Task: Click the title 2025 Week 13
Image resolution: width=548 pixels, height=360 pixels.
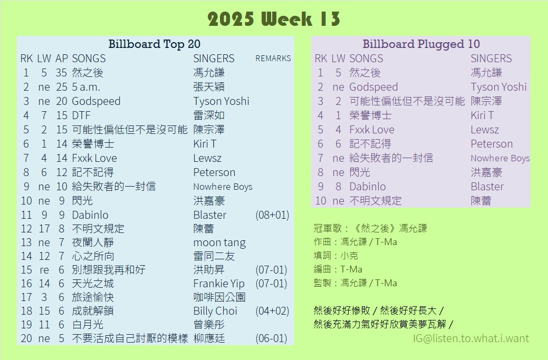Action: click(274, 19)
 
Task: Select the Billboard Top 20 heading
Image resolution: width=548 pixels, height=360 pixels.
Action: click(154, 44)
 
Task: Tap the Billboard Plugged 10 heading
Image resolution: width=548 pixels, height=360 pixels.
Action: click(421, 44)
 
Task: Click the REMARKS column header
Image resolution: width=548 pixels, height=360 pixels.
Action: click(273, 59)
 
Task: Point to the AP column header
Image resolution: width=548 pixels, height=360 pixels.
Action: click(62, 59)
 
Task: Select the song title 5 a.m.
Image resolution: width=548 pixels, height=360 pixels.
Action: click(86, 87)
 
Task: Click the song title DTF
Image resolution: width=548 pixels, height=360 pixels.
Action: click(81, 115)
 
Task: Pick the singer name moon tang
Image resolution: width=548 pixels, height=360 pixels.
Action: click(219, 242)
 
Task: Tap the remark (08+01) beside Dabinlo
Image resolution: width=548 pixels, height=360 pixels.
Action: click(272, 215)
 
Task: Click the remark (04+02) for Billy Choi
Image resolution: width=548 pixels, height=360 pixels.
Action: click(272, 311)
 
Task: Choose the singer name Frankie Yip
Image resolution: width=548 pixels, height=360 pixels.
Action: click(219, 284)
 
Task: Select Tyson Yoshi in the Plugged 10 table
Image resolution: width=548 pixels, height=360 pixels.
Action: click(498, 87)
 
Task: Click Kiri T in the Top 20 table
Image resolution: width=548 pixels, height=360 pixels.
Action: click(205, 143)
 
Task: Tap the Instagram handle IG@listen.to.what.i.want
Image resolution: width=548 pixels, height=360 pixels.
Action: click(471, 338)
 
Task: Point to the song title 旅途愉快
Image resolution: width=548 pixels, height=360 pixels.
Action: click(93, 297)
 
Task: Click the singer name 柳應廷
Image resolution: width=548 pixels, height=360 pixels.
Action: click(209, 338)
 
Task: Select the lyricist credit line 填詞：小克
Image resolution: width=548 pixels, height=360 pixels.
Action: click(336, 256)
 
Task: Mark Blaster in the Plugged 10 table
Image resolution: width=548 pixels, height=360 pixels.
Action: click(487, 187)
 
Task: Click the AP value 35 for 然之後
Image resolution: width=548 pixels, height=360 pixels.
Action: click(61, 73)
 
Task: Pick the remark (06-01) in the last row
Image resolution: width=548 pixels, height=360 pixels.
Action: click(271, 338)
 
